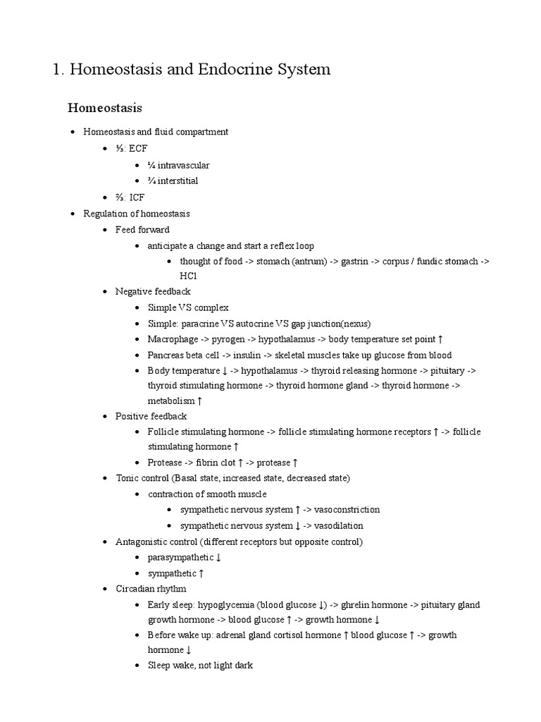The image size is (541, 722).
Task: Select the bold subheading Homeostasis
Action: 105,108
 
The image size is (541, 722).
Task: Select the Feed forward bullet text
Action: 142,229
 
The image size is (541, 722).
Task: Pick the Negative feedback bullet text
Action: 153,291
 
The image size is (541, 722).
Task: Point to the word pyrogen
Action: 226,338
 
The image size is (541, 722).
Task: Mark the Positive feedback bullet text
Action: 151,416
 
